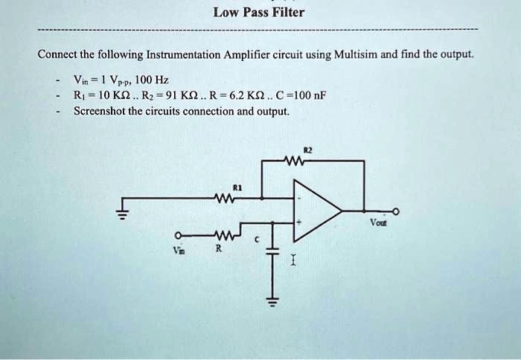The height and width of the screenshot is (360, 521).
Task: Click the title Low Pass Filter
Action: click(x=258, y=13)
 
